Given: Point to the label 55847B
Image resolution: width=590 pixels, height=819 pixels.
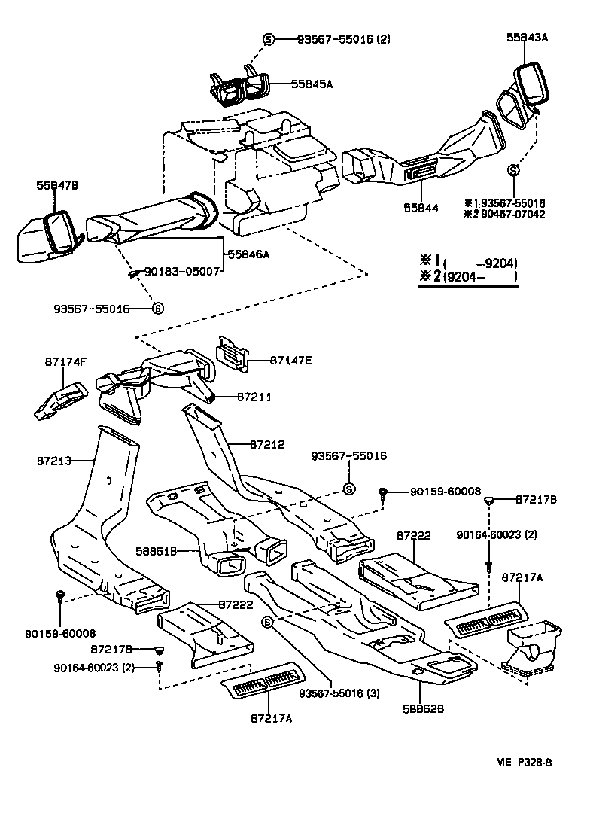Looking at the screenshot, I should pyautogui.click(x=57, y=184).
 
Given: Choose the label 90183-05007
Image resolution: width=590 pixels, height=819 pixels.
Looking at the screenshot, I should pyautogui.click(x=182, y=269).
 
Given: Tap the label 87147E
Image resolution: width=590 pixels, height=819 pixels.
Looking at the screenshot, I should pyautogui.click(x=290, y=360).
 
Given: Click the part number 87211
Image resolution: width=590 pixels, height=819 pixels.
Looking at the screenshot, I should pyautogui.click(x=254, y=396).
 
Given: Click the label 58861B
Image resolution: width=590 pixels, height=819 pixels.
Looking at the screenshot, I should pyautogui.click(x=157, y=551).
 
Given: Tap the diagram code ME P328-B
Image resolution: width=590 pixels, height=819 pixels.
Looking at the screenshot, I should pyautogui.click(x=524, y=763).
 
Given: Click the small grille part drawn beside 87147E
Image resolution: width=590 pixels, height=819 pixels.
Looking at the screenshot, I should pyautogui.click(x=233, y=353).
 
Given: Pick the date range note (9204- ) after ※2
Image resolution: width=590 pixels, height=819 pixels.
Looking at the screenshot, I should pyautogui.click(x=479, y=277).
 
